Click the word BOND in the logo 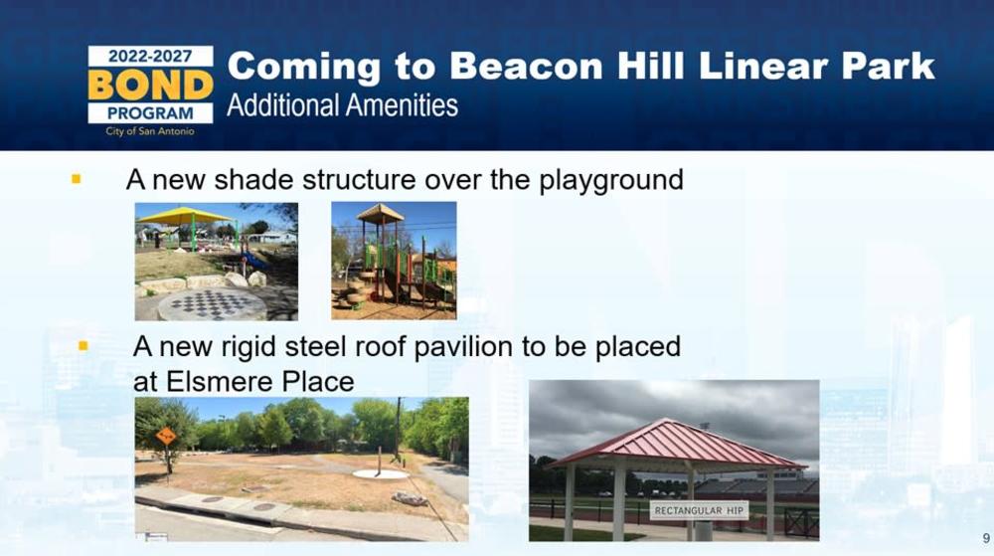click(150, 85)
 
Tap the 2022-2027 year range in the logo click(150, 56)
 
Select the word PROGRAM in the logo click(150, 113)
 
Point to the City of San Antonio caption click(150, 131)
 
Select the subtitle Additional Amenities click(342, 105)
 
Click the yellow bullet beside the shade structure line click(77, 179)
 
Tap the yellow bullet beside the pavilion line click(83, 346)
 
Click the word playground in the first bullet click(611, 181)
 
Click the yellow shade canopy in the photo click(184, 217)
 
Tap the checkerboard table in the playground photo click(213, 303)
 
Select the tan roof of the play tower click(381, 213)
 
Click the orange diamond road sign click(166, 437)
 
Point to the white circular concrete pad click(381, 474)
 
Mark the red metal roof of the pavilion click(676, 444)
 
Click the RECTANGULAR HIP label click(699, 510)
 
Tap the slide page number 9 click(986, 538)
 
